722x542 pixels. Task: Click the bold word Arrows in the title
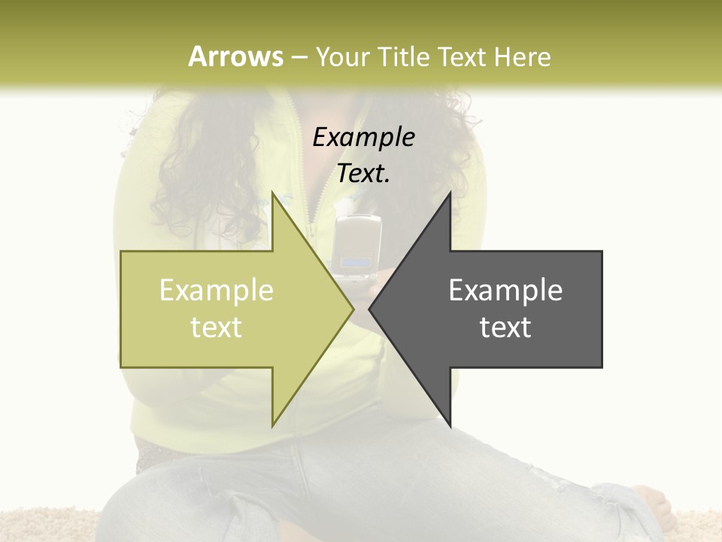[236, 56]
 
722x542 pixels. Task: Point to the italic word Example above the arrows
[363, 138]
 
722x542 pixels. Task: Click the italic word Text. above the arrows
[363, 174]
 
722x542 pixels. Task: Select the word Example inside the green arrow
[217, 290]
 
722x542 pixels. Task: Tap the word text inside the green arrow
[217, 327]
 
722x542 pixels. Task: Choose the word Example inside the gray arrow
[505, 290]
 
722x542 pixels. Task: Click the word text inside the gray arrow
[505, 327]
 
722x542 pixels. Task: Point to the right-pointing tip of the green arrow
[352, 309]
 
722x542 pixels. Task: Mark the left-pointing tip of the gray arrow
[370, 309]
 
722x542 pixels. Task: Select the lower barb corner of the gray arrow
[450, 425]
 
